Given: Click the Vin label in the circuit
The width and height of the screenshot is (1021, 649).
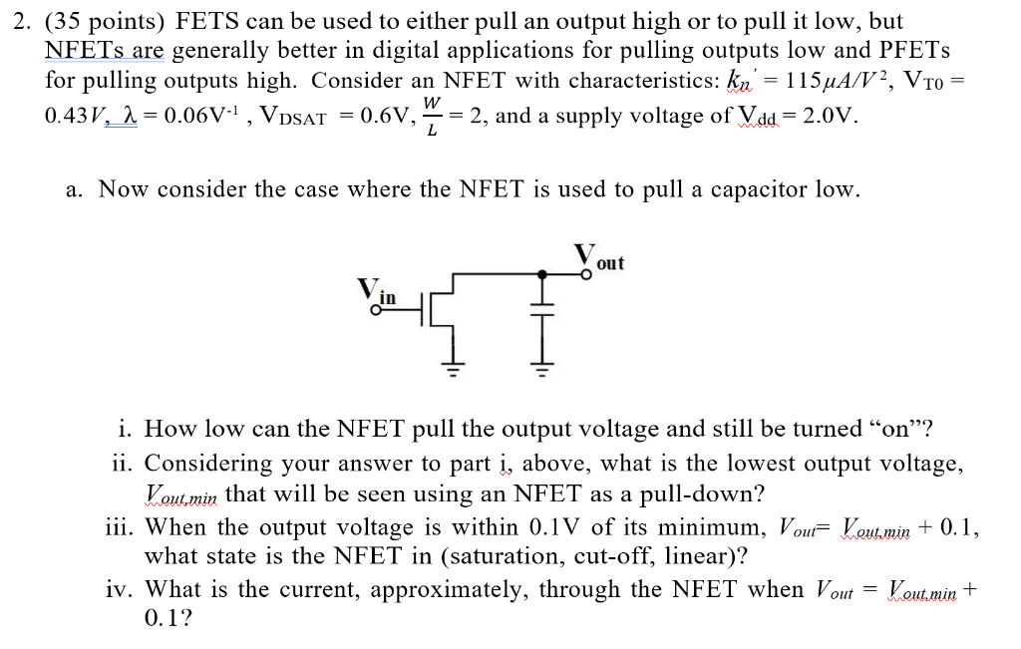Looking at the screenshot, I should coord(379,292).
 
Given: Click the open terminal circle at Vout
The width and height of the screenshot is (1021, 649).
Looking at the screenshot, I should coord(586,273).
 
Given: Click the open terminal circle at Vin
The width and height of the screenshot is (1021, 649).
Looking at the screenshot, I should coord(375,310).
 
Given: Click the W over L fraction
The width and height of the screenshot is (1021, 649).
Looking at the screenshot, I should coord(431,117).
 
